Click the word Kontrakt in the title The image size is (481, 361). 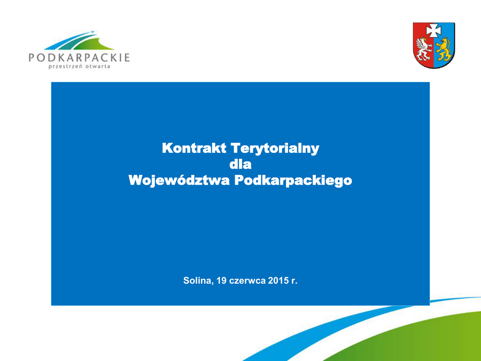pyautogui.click(x=194, y=148)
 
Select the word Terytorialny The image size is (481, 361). pyautogui.click(x=275, y=149)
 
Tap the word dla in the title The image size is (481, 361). pyautogui.click(x=240, y=164)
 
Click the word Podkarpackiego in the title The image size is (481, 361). pyautogui.click(x=293, y=181)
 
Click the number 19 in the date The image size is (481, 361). pyautogui.click(x=222, y=281)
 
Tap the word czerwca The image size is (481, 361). pyautogui.click(x=247, y=281)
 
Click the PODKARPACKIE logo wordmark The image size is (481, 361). pyautogui.click(x=79, y=57)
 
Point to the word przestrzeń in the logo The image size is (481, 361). pyautogui.click(x=65, y=67)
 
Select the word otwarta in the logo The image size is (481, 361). pyautogui.click(x=98, y=66)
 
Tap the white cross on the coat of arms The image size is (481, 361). pyautogui.click(x=434, y=31)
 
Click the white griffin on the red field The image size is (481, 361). pyautogui.click(x=424, y=48)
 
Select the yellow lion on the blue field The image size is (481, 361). pyautogui.click(x=443, y=49)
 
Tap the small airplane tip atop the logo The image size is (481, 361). pyautogui.click(x=93, y=31)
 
